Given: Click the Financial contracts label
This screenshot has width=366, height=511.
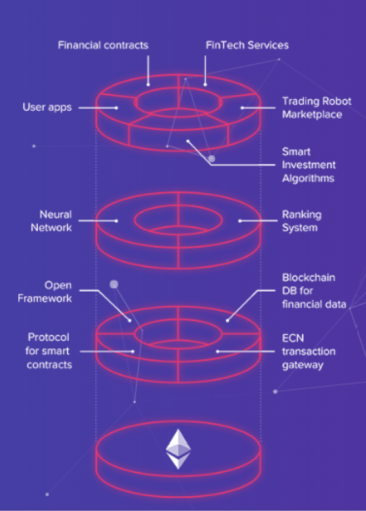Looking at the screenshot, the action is pyautogui.click(x=103, y=45).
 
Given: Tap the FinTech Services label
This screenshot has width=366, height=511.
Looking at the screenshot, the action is pyautogui.click(x=247, y=45).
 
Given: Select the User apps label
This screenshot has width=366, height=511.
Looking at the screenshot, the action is pyautogui.click(x=47, y=107).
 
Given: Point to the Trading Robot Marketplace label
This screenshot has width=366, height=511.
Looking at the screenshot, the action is pyautogui.click(x=317, y=108).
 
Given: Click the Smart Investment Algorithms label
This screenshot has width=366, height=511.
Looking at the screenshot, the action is pyautogui.click(x=309, y=165).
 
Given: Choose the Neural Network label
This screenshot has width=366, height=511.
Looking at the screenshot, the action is pyautogui.click(x=51, y=221).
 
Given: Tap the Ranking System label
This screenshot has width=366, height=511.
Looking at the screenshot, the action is pyautogui.click(x=301, y=221).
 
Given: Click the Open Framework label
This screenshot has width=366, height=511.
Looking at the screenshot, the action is pyautogui.click(x=45, y=292).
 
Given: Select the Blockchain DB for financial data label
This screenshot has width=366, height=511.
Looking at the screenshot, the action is pyautogui.click(x=314, y=291).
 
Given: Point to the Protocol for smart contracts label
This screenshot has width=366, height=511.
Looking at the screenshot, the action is pyautogui.click(x=49, y=351).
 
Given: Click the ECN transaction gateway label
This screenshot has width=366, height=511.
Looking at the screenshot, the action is pyautogui.click(x=309, y=351).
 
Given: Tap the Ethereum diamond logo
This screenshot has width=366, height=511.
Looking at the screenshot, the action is pyautogui.click(x=178, y=449).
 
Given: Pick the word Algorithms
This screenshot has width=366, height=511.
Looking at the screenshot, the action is pyautogui.click(x=308, y=178).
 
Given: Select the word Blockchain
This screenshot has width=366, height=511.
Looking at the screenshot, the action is pyautogui.click(x=309, y=277).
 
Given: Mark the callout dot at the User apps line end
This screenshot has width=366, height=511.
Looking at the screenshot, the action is pyautogui.click(x=116, y=107).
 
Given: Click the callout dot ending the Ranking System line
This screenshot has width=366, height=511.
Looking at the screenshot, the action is pyautogui.click(x=240, y=221).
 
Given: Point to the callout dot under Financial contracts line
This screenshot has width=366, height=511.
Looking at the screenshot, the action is pyautogui.click(x=148, y=85).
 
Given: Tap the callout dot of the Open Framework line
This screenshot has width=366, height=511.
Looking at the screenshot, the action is pyautogui.click(x=130, y=321).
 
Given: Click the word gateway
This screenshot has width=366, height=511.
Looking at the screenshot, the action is pyautogui.click(x=303, y=365).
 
